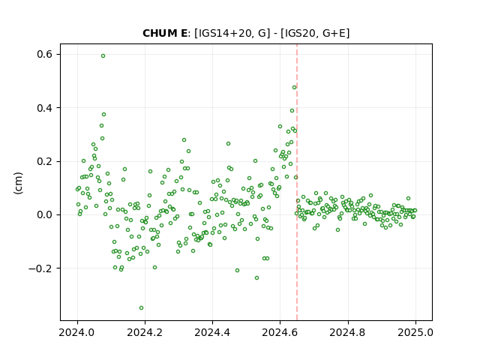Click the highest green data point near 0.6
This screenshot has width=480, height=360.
tap(103, 56)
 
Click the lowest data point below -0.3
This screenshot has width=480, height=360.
tap(141, 308)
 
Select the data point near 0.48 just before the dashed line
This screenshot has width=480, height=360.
tap(295, 88)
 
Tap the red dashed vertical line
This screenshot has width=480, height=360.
tap(297, 182)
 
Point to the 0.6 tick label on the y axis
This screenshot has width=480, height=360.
tap(45, 55)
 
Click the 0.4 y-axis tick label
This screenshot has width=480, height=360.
tap(45, 108)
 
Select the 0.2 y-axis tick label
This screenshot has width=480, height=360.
tap(45, 162)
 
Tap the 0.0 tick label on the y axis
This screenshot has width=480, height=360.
tap(45, 215)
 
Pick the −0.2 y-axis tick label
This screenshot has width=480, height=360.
tap(40, 268)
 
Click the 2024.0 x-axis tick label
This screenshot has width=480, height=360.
tap(77, 332)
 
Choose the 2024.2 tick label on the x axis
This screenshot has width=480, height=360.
tap(145, 332)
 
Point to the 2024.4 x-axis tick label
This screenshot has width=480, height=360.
tap(212, 332)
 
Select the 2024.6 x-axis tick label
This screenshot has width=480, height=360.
tap(280, 332)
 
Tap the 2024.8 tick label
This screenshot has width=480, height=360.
tap(348, 332)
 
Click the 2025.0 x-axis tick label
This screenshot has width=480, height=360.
tap(415, 332)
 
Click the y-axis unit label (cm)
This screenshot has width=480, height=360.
tap(18, 183)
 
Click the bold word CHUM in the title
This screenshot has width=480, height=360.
tap(160, 33)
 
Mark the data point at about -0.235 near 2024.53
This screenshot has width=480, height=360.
tap(256, 278)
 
